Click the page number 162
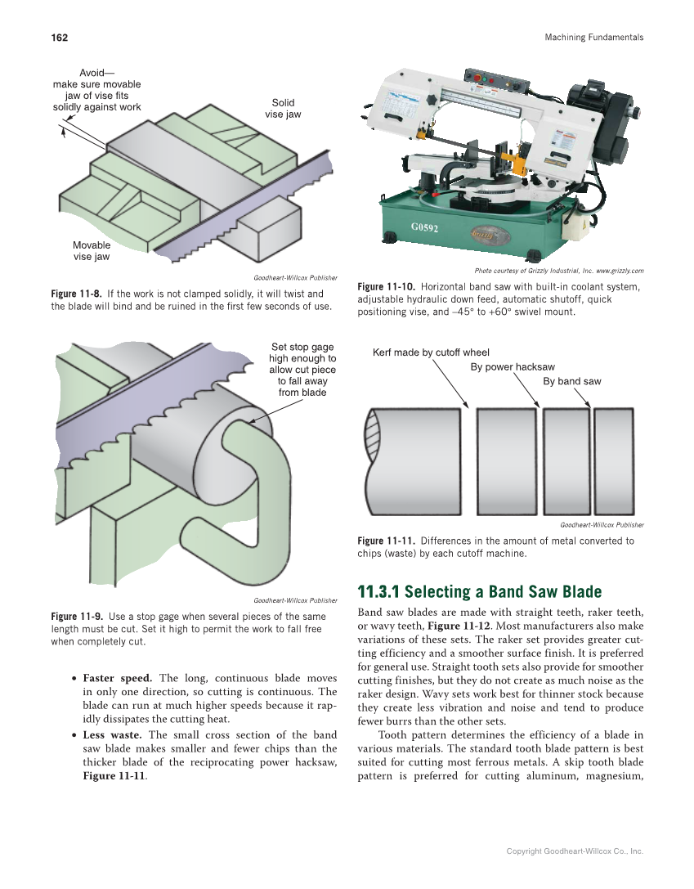click(x=59, y=38)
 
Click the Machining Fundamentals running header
click(x=593, y=38)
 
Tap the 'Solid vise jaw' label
click(x=283, y=109)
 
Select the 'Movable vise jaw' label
click(x=91, y=251)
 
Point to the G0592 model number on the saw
click(x=426, y=227)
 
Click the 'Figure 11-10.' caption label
click(x=387, y=287)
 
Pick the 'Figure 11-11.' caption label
click(x=387, y=541)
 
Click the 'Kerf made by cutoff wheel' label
click(x=431, y=353)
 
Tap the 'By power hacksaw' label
click(x=513, y=367)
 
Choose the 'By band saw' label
click(x=571, y=381)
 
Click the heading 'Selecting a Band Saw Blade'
click(x=480, y=592)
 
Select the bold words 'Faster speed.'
click(x=117, y=678)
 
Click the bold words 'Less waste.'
click(x=112, y=735)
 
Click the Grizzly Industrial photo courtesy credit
click(x=558, y=271)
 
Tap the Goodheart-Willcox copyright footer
click(x=575, y=851)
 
